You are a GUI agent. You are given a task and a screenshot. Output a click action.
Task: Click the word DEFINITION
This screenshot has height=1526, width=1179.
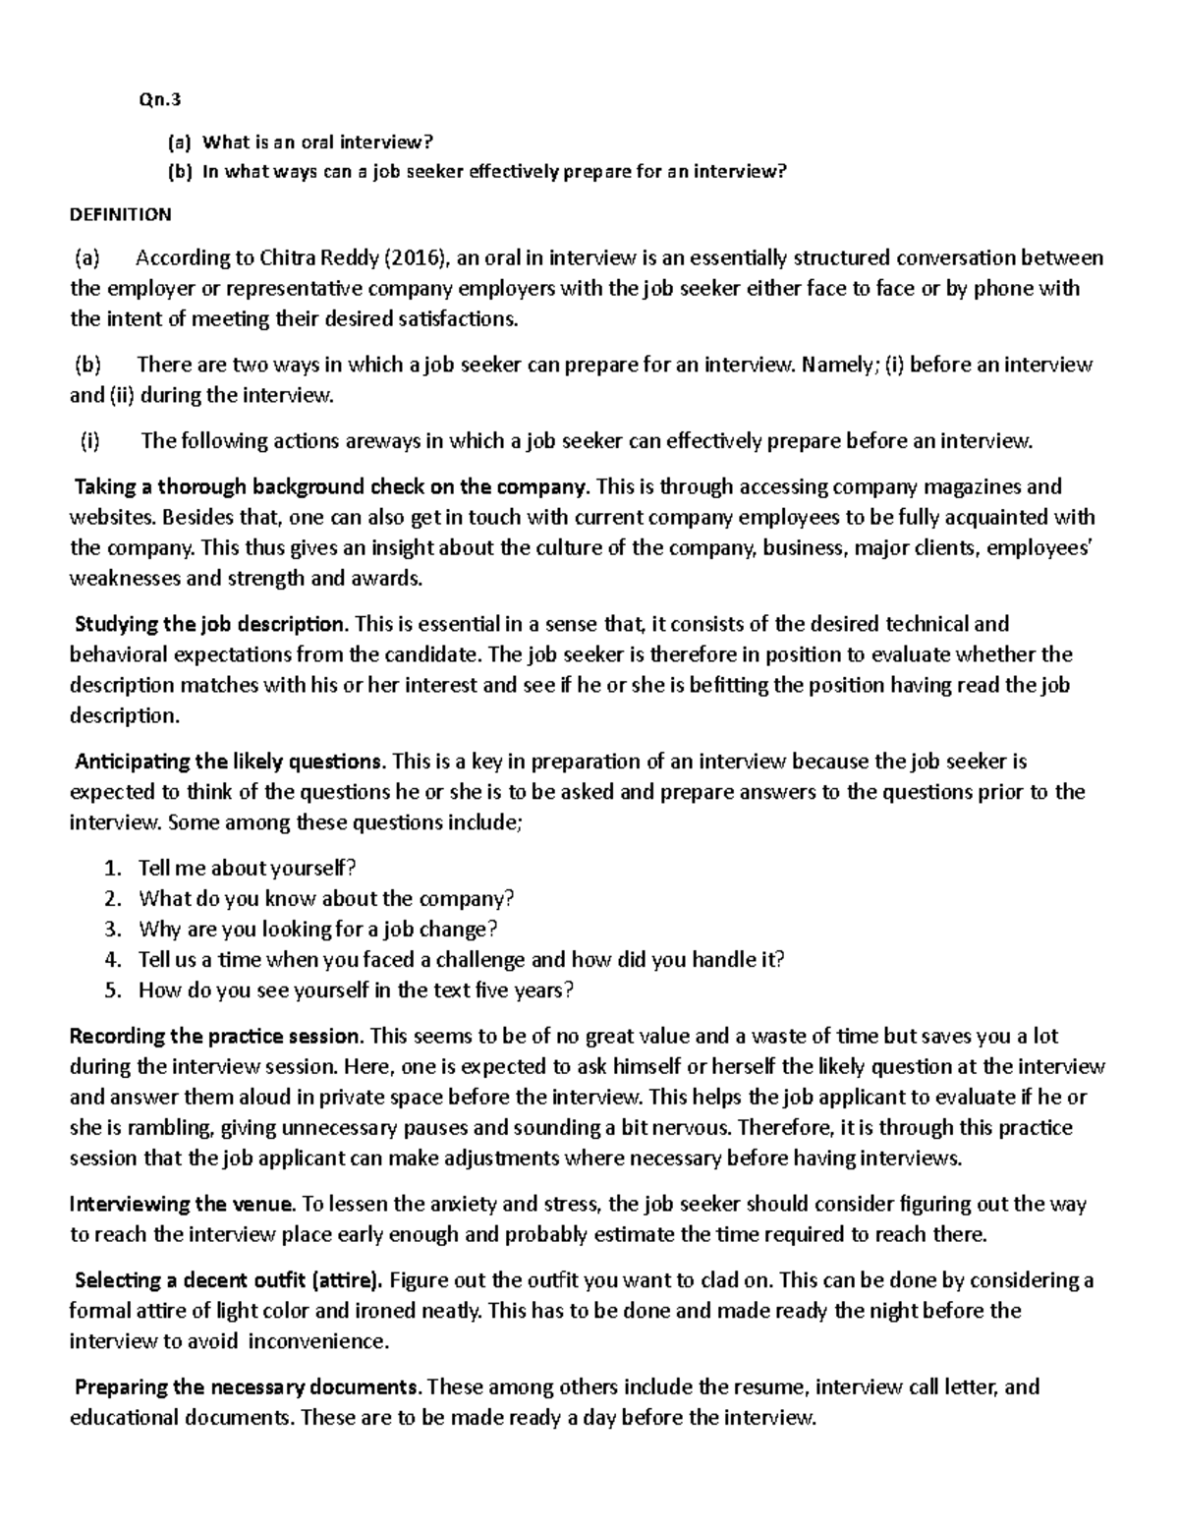tap(121, 214)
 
